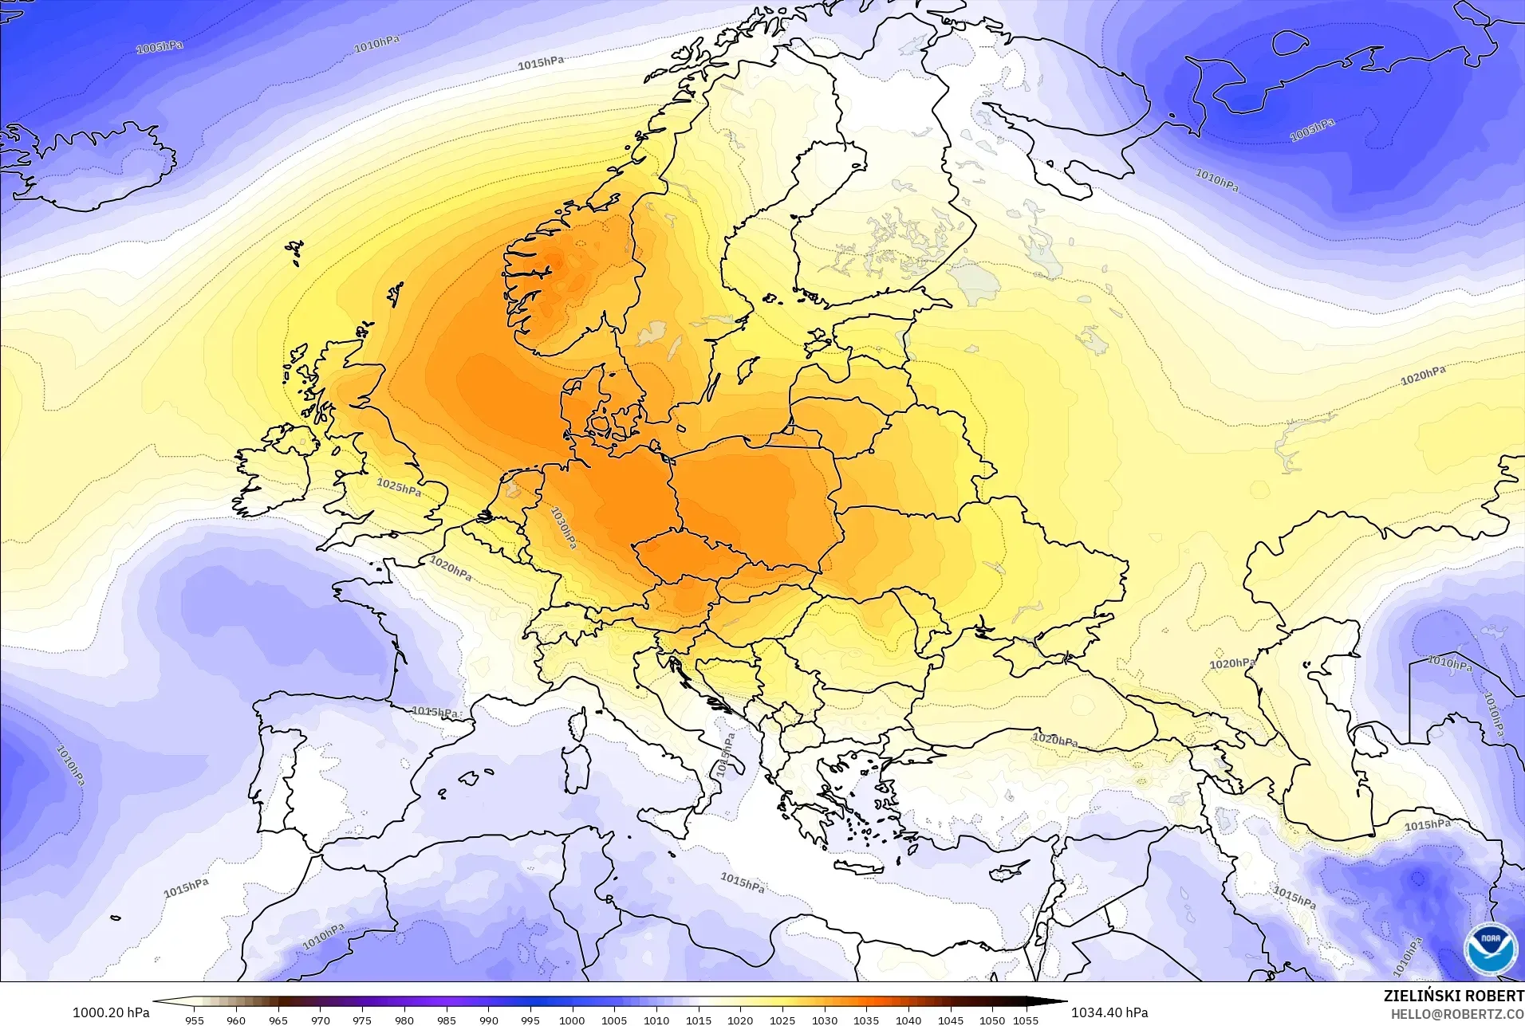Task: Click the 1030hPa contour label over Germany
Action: [564, 529]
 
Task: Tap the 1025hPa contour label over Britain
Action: [399, 486]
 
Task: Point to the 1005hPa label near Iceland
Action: [159, 47]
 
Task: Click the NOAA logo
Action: [1490, 948]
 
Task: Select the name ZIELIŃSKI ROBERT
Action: [1453, 996]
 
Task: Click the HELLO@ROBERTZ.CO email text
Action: [1457, 1014]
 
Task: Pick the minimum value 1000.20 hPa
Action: [111, 1012]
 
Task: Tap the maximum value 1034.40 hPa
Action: [1109, 1012]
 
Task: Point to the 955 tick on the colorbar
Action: [194, 1020]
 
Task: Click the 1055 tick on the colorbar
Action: [1026, 1020]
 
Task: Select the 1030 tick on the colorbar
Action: [824, 1020]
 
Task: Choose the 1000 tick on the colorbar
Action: [572, 1020]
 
